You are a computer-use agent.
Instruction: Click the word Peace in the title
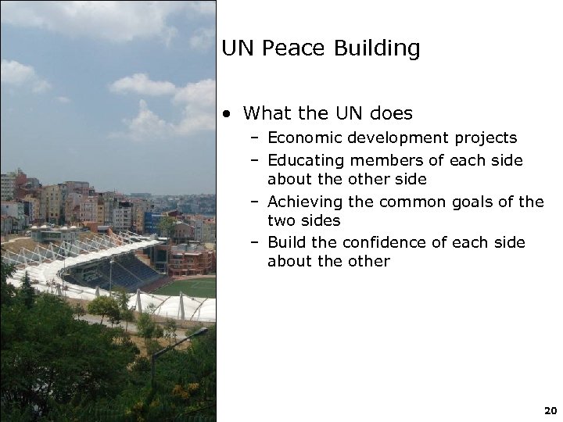[x=290, y=48]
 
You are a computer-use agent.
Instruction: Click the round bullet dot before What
[x=226, y=114]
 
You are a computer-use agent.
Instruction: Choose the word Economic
[x=303, y=138]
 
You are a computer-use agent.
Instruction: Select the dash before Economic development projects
[x=256, y=139]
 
